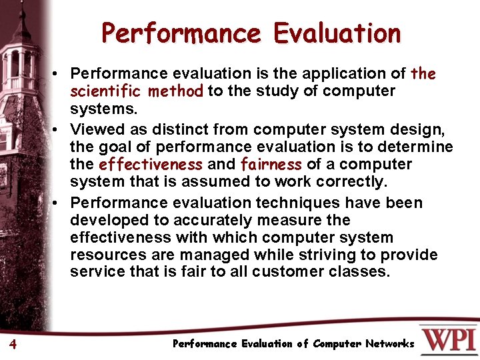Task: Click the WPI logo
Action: tap(448, 339)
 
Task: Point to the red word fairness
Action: tap(270, 165)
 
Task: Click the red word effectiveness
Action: tap(150, 165)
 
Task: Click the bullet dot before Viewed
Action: tap(60, 128)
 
